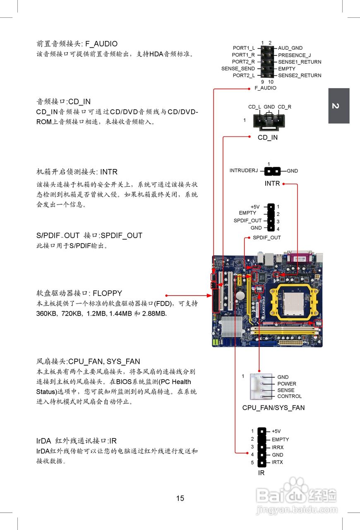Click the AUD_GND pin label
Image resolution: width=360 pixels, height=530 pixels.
290,48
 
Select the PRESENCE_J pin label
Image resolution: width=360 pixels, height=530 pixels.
294,55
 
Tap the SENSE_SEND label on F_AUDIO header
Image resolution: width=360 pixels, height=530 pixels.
238,69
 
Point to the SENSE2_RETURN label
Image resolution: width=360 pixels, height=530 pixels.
300,75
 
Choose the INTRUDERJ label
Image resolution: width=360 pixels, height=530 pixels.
243,171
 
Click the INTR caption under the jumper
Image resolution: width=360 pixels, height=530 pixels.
272,183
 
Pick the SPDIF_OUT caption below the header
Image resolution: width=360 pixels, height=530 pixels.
266,238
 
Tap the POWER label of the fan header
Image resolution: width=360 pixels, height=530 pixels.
287,384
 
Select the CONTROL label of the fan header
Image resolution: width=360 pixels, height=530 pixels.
289,396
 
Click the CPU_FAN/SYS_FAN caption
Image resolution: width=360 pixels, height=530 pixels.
273,408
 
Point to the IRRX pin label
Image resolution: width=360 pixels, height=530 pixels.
278,447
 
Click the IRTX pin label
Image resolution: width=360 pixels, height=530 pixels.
277,462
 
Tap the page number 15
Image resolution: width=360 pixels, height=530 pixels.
180,499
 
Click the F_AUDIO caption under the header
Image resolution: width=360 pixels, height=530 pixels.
265,88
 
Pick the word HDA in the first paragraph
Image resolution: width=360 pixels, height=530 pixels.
156,54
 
